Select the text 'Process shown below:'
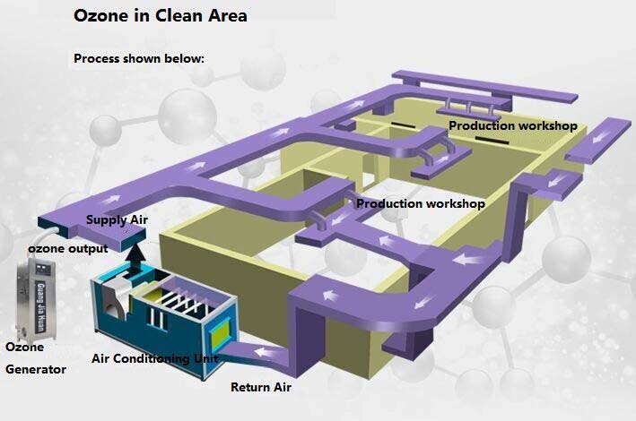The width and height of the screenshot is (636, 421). click(x=139, y=58)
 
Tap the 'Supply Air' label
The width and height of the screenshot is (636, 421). click(x=117, y=219)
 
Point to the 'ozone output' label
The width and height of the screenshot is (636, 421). click(x=68, y=248)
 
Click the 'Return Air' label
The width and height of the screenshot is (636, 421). click(x=261, y=388)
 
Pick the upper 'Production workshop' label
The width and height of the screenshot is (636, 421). click(x=512, y=126)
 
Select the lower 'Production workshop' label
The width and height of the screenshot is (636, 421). click(x=421, y=204)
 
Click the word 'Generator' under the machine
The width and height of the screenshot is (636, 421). click(x=36, y=369)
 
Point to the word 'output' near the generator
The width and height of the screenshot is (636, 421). click(x=89, y=248)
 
